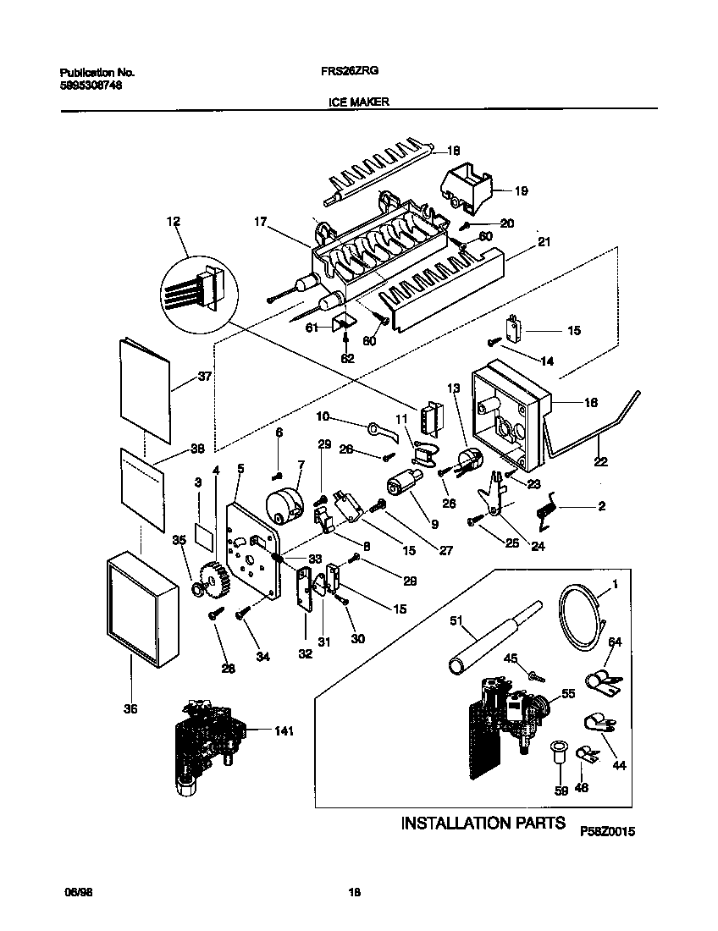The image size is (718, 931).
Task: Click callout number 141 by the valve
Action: [x=283, y=730]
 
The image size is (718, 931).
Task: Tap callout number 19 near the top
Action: [x=521, y=191]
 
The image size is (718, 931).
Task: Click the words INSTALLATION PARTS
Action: [x=482, y=823]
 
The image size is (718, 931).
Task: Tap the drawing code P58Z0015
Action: [x=607, y=833]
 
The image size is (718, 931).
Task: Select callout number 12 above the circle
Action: [x=174, y=222]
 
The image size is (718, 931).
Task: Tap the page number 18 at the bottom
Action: [x=356, y=891]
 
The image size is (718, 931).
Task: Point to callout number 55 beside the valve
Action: [x=568, y=692]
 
